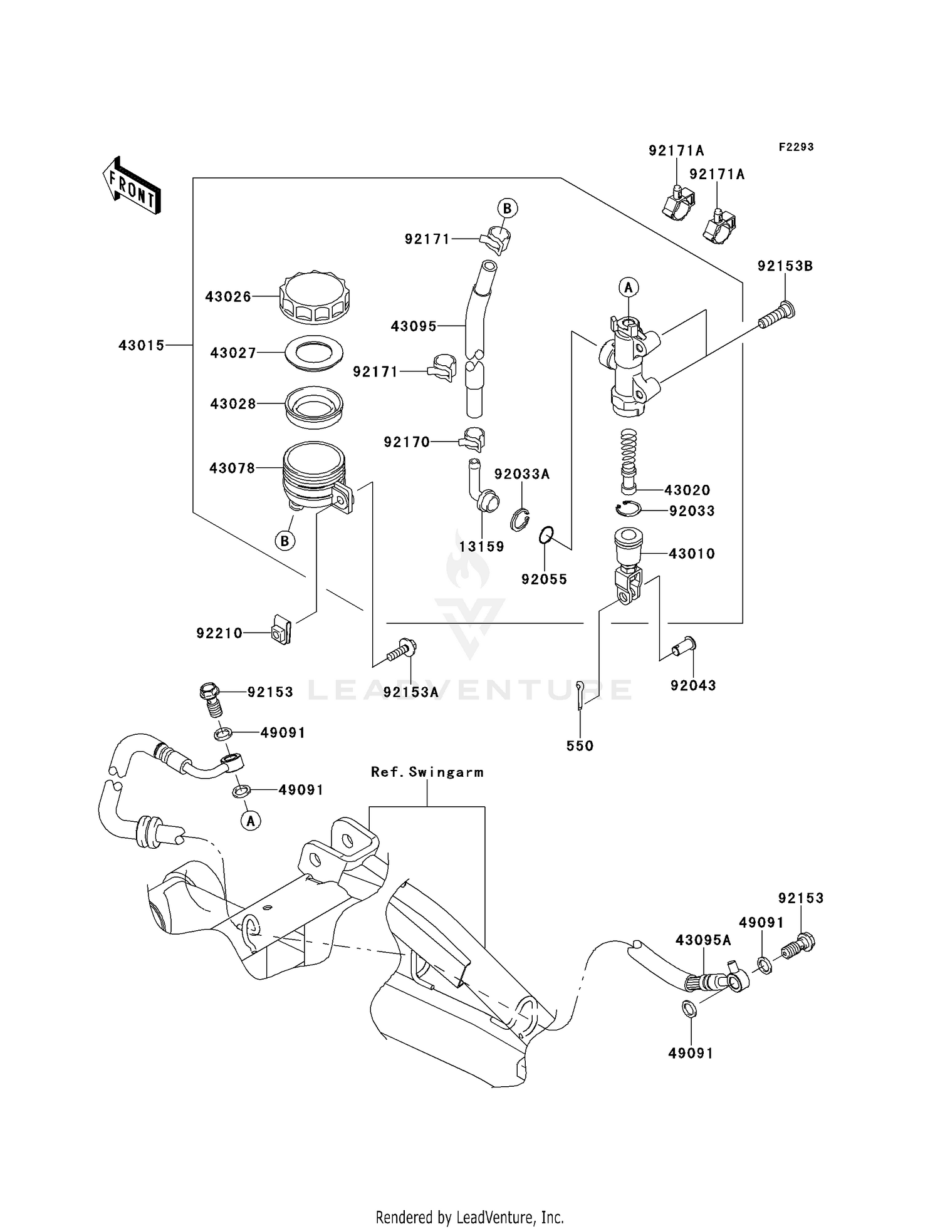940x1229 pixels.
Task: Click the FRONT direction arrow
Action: (132, 185)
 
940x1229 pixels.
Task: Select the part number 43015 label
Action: (142, 345)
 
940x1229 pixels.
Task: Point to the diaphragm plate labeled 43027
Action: (314, 353)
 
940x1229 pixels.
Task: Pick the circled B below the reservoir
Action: (285, 541)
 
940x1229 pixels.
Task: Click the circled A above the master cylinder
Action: (629, 288)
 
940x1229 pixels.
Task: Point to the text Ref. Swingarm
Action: (427, 772)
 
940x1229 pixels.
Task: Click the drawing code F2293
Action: (796, 147)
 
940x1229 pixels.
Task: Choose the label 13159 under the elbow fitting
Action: (481, 546)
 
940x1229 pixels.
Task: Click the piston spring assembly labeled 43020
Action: (629, 460)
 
